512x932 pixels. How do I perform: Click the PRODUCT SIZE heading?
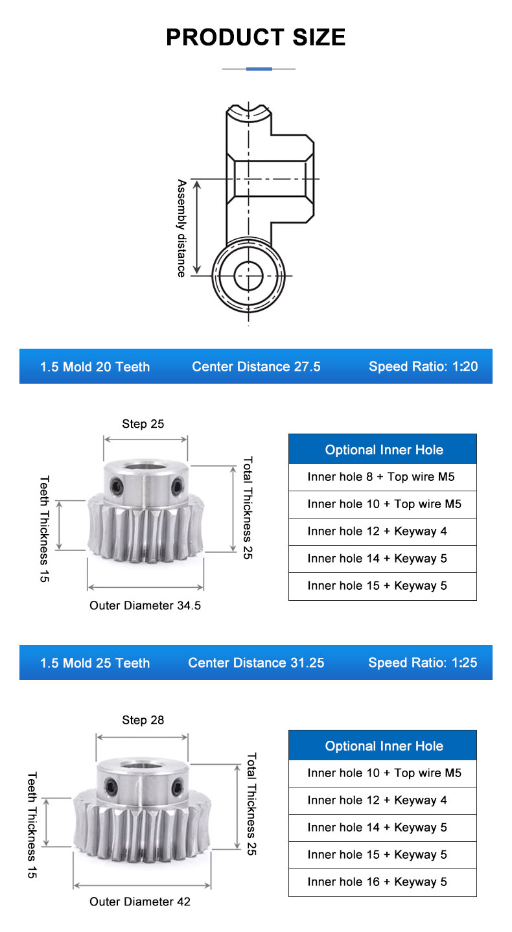[256, 37]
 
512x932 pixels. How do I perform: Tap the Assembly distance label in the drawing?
[181, 228]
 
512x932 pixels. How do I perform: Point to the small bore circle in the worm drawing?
[248, 275]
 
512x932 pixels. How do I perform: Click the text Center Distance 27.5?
[256, 367]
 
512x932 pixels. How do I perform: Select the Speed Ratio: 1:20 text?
[423, 366]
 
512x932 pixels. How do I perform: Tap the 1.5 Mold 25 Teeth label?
[95, 663]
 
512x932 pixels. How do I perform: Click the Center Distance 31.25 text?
[256, 662]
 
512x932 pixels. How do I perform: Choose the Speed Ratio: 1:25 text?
[423, 662]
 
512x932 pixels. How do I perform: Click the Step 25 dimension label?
[143, 424]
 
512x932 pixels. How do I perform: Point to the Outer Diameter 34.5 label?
[145, 605]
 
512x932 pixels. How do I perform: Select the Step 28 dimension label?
[143, 720]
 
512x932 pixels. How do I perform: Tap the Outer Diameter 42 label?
[140, 902]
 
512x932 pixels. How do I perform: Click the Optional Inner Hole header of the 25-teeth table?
[384, 746]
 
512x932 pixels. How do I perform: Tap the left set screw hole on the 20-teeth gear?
[115, 485]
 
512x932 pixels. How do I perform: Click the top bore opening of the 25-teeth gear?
[143, 765]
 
